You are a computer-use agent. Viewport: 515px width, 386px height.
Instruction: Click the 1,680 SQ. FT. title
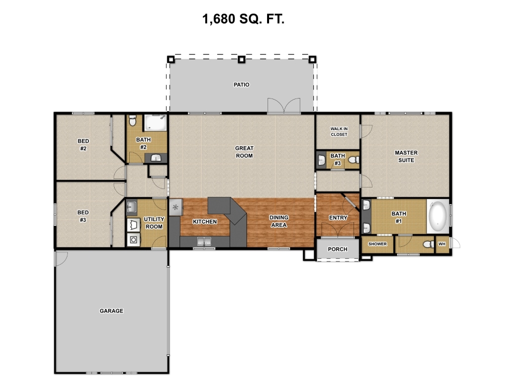(243, 19)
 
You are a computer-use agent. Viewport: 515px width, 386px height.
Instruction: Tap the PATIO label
(241, 84)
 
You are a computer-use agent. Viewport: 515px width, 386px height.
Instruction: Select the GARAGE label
(111, 311)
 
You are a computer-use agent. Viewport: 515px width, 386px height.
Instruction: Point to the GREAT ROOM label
(244, 152)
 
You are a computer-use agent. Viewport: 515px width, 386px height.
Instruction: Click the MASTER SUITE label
(406, 157)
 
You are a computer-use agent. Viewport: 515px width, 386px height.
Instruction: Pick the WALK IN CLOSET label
(339, 132)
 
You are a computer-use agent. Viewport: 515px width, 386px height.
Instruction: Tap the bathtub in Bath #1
(438, 217)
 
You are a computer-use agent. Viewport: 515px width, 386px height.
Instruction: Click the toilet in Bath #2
(132, 121)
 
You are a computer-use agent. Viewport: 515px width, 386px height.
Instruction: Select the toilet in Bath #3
(354, 160)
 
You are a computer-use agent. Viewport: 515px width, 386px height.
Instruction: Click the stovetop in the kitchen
(176, 207)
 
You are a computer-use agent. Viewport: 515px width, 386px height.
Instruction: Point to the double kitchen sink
(204, 241)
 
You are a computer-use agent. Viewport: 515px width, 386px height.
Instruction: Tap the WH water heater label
(442, 244)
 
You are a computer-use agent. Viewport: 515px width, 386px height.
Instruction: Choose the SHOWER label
(377, 244)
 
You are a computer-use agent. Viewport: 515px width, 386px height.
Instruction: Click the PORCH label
(337, 249)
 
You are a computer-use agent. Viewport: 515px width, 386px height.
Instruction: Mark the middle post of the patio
(241, 59)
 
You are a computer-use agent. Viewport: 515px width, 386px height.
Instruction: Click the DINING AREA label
(279, 221)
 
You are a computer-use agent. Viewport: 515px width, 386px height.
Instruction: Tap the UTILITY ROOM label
(154, 223)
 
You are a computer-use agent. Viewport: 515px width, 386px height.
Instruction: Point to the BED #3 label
(83, 216)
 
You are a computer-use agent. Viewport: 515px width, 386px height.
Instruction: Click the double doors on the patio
(284, 106)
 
